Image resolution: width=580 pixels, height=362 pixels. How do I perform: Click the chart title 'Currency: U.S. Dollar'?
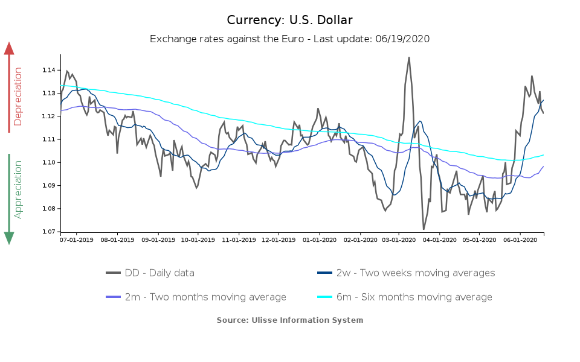point(289,20)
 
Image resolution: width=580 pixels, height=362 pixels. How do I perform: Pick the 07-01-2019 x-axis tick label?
point(77,240)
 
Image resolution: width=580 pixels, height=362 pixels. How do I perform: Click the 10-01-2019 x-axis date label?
point(198,240)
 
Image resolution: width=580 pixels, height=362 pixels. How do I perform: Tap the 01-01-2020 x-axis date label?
point(320,240)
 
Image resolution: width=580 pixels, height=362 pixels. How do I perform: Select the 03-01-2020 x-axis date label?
point(399,240)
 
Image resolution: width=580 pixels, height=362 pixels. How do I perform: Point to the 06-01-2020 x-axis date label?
point(520,240)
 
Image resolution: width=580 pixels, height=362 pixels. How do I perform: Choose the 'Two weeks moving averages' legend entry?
point(406,273)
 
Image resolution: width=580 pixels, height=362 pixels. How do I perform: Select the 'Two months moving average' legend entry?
point(196,297)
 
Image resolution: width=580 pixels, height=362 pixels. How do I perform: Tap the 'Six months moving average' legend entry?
point(405,297)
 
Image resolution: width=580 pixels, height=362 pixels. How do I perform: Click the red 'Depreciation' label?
point(18,97)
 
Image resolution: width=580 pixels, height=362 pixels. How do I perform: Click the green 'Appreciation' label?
point(18,189)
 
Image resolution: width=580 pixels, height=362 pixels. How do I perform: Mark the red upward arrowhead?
point(9,48)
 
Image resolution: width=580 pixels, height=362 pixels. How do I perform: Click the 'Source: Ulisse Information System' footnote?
point(289,320)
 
